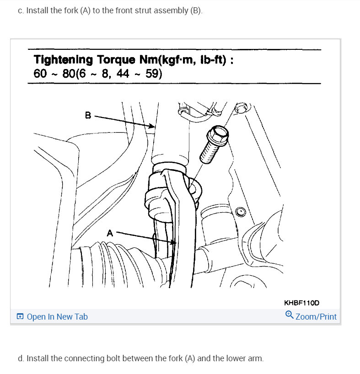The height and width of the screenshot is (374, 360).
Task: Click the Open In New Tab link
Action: (57, 316)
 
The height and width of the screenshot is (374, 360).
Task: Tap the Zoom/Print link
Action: (316, 316)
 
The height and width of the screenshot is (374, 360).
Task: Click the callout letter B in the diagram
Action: (88, 115)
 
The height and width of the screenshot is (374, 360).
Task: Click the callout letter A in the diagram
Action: (110, 233)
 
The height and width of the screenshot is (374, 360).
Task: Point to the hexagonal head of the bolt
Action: (216, 134)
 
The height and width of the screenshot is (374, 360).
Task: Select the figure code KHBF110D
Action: (301, 303)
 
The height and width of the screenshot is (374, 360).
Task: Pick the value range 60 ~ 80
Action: (54, 73)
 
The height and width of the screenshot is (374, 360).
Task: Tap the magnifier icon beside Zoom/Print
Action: (289, 315)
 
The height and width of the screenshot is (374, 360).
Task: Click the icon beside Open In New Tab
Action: (20, 316)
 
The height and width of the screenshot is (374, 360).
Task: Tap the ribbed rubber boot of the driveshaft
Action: (114, 265)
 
